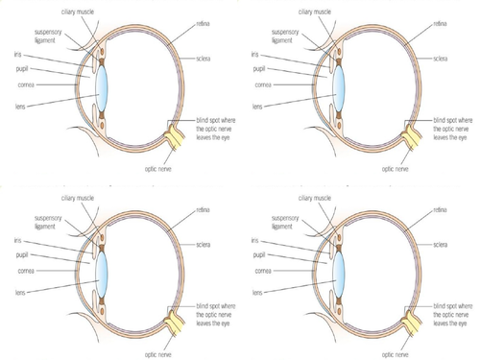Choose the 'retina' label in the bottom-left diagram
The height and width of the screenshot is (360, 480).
[204, 204]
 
